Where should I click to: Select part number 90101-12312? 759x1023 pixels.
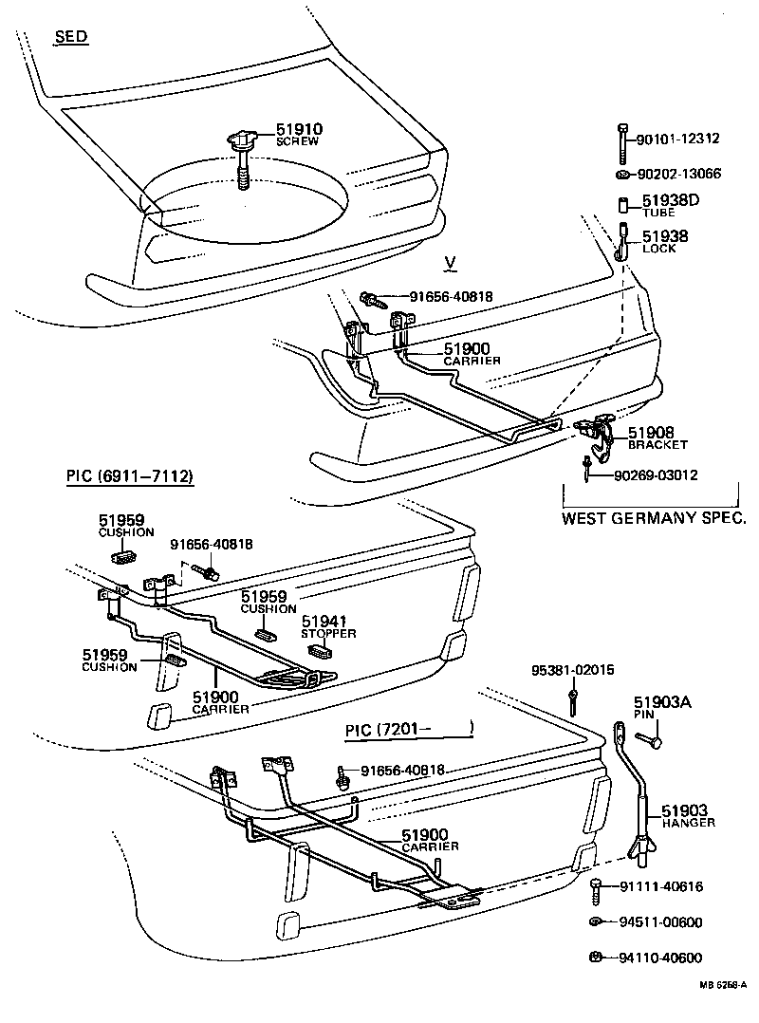(x=678, y=139)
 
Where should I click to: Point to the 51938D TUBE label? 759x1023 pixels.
(x=670, y=205)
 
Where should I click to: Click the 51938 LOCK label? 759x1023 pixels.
(x=664, y=241)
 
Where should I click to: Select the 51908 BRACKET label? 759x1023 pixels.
(x=657, y=437)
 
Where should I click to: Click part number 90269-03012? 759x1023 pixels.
(x=655, y=474)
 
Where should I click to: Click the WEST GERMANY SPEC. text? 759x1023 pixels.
(x=653, y=518)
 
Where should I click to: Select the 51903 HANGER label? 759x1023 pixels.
(x=687, y=815)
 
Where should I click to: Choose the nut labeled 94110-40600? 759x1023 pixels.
(x=595, y=956)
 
